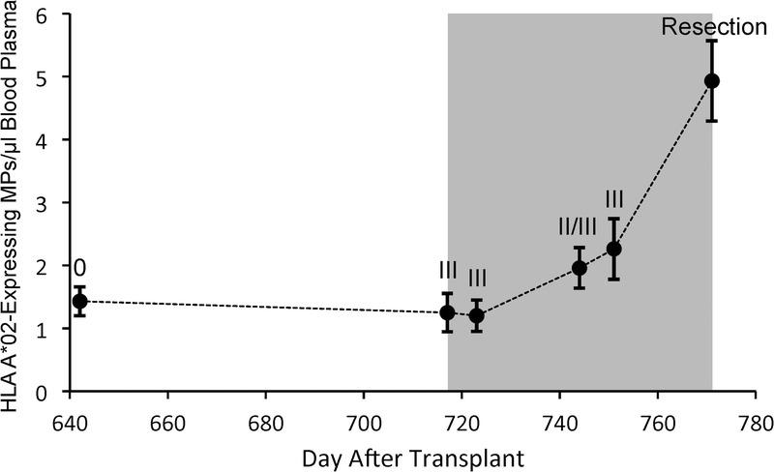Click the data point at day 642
pos(80,302)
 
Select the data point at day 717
pos(447,312)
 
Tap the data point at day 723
pos(476,315)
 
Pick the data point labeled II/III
pos(580,268)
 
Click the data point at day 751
pos(613,249)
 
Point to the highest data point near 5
pos(712,81)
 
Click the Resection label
pos(714,27)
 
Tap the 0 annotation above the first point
pos(79,267)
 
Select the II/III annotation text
pos(580,227)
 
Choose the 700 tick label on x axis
pos(363,423)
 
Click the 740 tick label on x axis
pos(558,423)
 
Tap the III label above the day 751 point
pos(613,199)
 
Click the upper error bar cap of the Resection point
pos(712,41)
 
